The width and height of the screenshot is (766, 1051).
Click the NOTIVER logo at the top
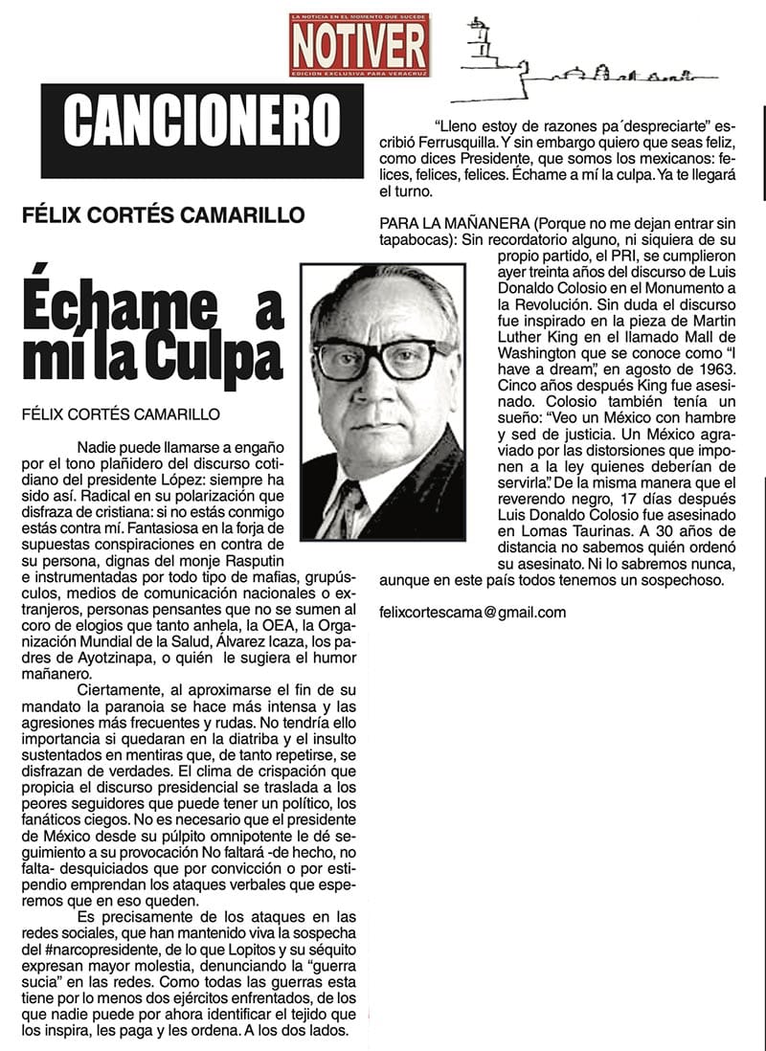359,45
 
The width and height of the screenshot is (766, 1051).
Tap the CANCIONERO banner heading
202,119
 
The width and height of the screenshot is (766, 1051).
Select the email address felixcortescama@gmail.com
472,613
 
